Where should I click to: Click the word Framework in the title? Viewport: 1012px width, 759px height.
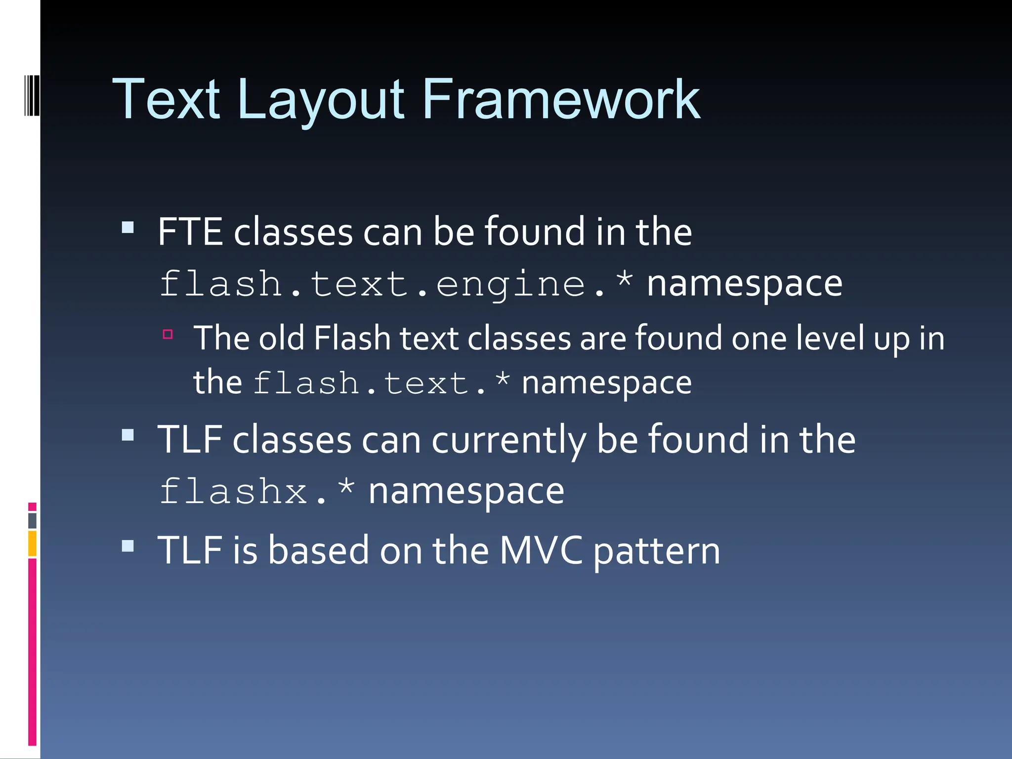point(560,100)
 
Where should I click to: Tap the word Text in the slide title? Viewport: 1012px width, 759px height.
point(167,100)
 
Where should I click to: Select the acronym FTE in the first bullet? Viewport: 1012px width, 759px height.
point(190,232)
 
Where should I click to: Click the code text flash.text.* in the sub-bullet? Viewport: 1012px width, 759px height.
point(381,384)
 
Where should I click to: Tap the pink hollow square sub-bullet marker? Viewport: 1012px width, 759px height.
point(168,335)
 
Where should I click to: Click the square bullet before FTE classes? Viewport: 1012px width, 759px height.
point(128,227)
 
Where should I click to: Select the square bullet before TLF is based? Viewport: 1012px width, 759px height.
point(128,546)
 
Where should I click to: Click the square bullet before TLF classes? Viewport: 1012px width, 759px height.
point(128,435)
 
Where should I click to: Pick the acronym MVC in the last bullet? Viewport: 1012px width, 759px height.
point(541,550)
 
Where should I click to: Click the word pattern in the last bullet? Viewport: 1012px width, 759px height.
point(657,552)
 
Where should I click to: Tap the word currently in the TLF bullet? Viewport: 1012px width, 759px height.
point(508,441)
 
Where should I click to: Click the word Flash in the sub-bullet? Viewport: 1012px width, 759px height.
point(352,338)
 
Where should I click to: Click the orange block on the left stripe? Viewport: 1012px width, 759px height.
point(32,543)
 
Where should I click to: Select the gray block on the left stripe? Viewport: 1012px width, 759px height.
point(32,521)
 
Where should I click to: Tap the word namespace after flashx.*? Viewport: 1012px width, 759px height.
point(466,492)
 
